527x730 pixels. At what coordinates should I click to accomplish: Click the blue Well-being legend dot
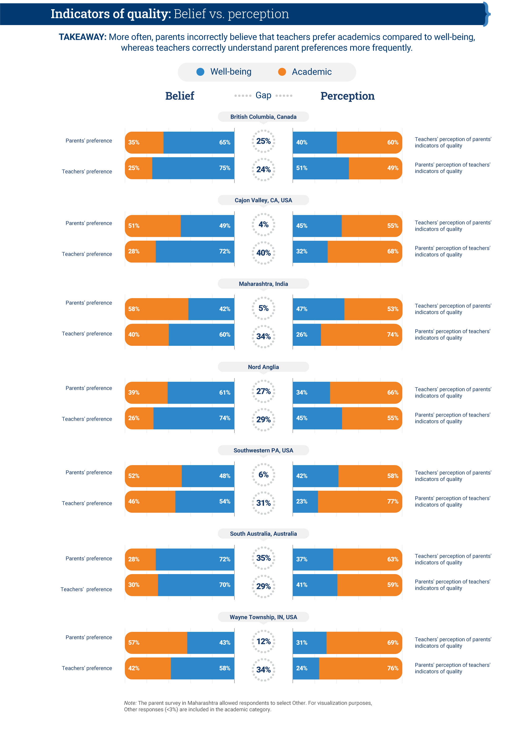(x=200, y=72)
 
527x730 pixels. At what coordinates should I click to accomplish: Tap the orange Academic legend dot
(x=282, y=72)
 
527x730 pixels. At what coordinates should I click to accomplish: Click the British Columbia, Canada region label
(x=263, y=117)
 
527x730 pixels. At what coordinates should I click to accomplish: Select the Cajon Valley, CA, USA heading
(x=263, y=200)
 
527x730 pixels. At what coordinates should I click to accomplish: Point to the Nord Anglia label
(x=263, y=367)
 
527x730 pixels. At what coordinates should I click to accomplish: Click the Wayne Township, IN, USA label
(x=263, y=617)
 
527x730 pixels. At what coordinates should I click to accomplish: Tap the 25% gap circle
(x=263, y=141)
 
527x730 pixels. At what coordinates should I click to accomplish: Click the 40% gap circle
(x=263, y=253)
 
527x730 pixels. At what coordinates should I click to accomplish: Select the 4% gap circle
(x=263, y=225)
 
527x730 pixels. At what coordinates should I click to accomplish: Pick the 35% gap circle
(x=263, y=558)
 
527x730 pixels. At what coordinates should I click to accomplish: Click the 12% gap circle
(x=263, y=641)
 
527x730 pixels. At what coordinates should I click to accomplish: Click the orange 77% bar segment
(x=359, y=502)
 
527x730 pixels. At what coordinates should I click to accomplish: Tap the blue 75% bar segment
(x=193, y=168)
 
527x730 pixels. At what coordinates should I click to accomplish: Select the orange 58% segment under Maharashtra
(x=157, y=309)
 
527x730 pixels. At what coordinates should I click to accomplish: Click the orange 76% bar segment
(x=360, y=668)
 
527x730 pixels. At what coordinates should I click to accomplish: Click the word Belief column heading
(x=180, y=96)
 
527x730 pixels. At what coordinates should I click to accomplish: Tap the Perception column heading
(x=347, y=96)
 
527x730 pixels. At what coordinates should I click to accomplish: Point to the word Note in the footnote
(x=130, y=703)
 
